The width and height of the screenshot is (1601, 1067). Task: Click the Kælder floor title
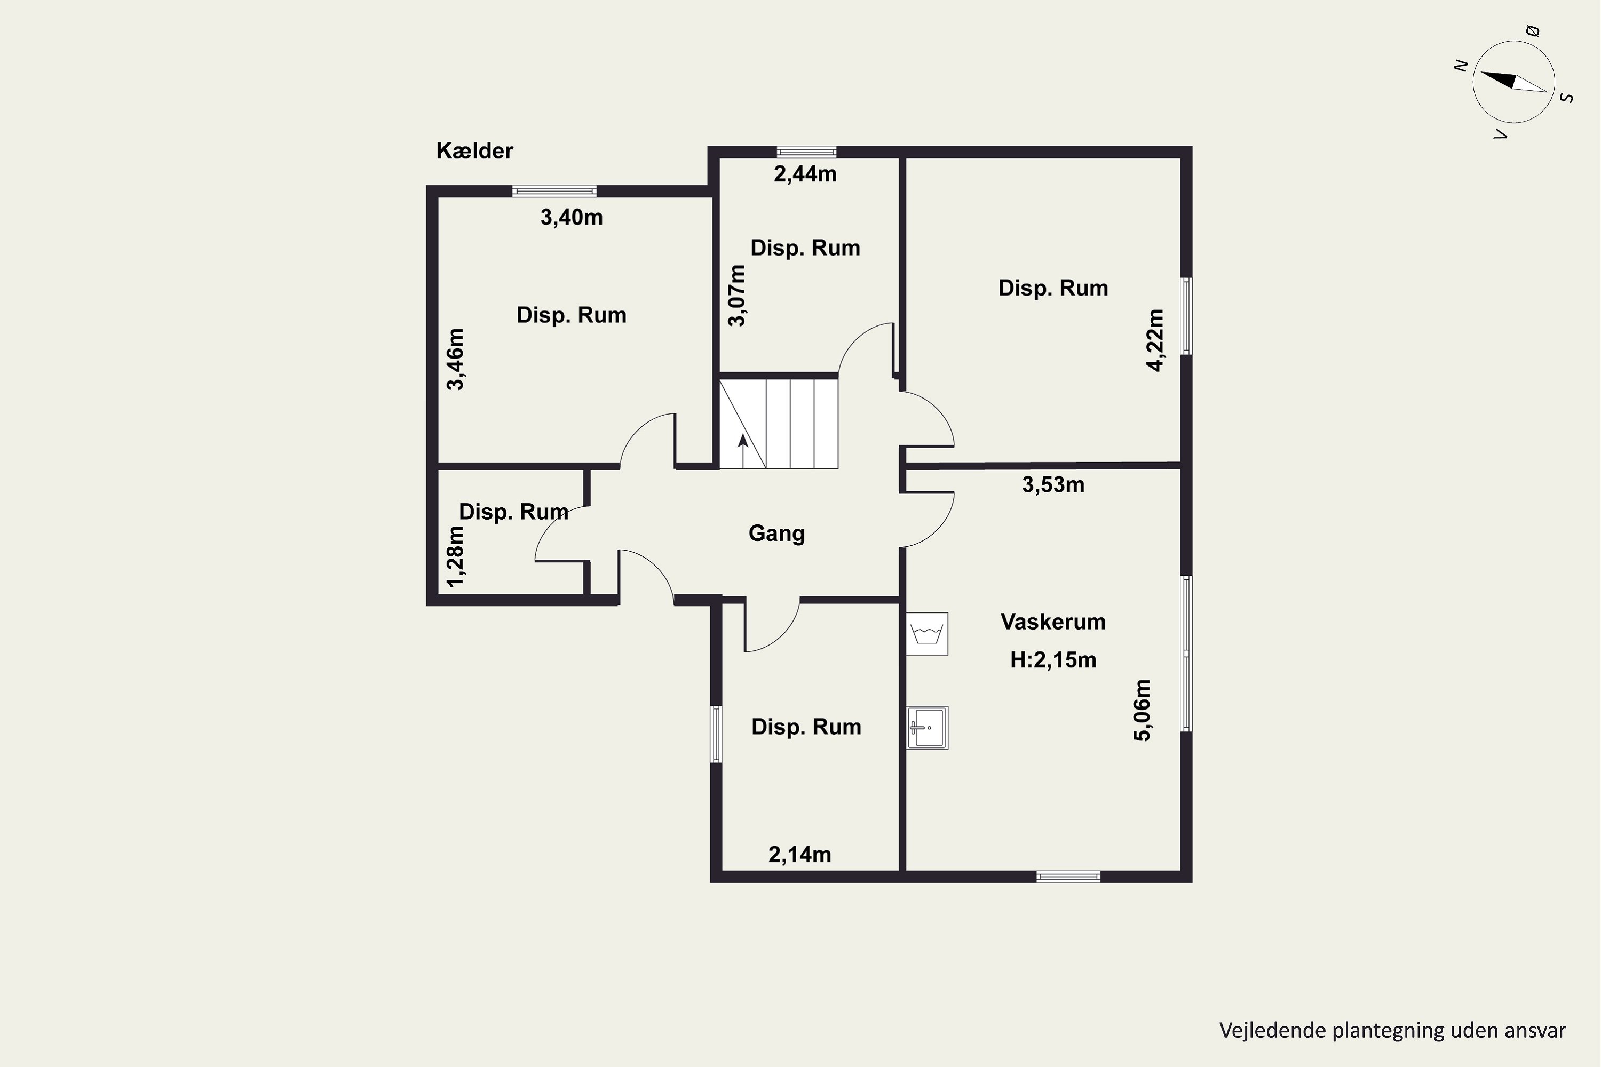pos(474,150)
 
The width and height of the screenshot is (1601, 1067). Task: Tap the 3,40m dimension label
pos(572,217)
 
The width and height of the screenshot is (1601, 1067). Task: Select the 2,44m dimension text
pos(805,173)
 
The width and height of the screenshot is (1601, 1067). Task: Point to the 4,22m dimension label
pos(1155,340)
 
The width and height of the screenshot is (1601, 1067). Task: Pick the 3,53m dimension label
pos(1053,484)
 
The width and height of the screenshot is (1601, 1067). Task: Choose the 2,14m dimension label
pos(800,855)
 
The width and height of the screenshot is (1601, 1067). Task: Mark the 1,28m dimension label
pos(455,556)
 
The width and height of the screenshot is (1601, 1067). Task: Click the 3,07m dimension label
pos(737,296)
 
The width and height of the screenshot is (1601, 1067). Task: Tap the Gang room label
pos(776,533)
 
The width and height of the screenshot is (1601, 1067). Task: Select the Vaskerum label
pos(1053,622)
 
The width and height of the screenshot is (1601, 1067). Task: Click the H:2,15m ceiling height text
pos(1053,660)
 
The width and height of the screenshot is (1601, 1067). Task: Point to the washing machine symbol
pos(927,634)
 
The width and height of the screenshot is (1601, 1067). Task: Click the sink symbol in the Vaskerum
pos(927,728)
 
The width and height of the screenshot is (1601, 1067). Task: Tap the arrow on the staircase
pos(743,451)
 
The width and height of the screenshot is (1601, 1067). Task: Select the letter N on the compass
pos(1461,65)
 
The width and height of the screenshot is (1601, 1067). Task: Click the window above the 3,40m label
pos(554,191)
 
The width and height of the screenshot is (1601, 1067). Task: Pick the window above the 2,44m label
pos(806,152)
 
